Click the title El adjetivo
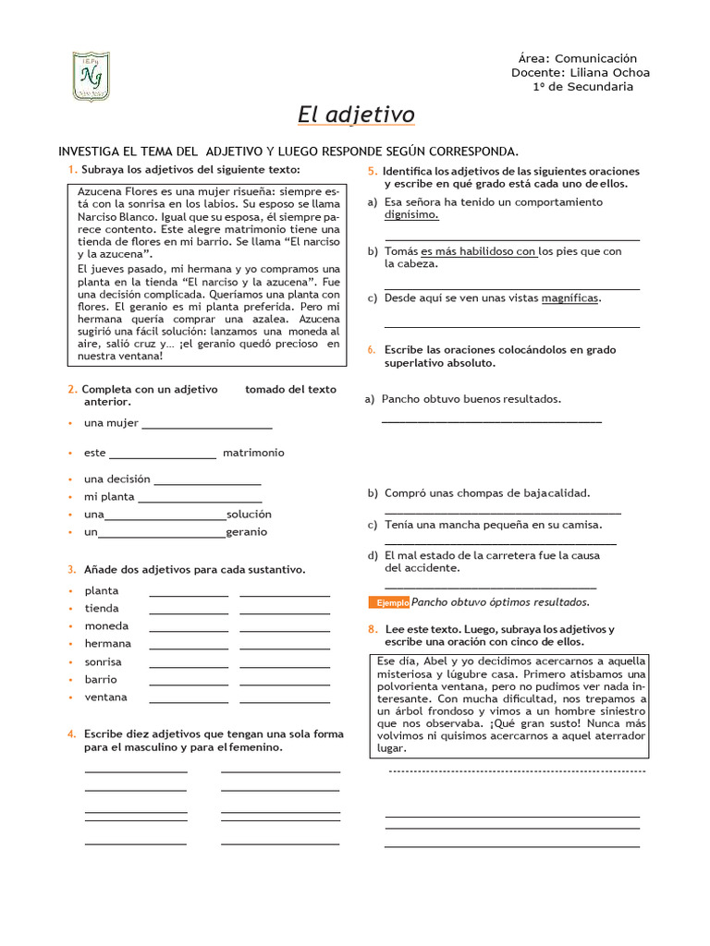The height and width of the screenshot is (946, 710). pos(356,115)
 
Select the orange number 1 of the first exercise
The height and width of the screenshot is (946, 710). pos(71,170)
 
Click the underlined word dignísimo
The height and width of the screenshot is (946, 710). pos(411,214)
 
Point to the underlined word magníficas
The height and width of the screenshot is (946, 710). pos(570,297)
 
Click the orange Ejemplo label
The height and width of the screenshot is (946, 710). pos(389,602)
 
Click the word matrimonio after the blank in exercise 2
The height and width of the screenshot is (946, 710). pos(253,453)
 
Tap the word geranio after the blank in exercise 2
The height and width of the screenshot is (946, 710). pos(247,532)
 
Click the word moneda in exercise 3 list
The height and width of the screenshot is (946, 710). pos(107,625)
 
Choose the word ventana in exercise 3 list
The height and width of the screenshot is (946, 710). pos(106,697)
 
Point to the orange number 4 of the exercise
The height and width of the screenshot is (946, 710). pos(71,734)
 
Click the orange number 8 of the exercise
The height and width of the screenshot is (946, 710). pos(372,629)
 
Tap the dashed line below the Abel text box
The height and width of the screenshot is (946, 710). pos(517,770)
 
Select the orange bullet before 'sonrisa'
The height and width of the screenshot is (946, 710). pos(70,662)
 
